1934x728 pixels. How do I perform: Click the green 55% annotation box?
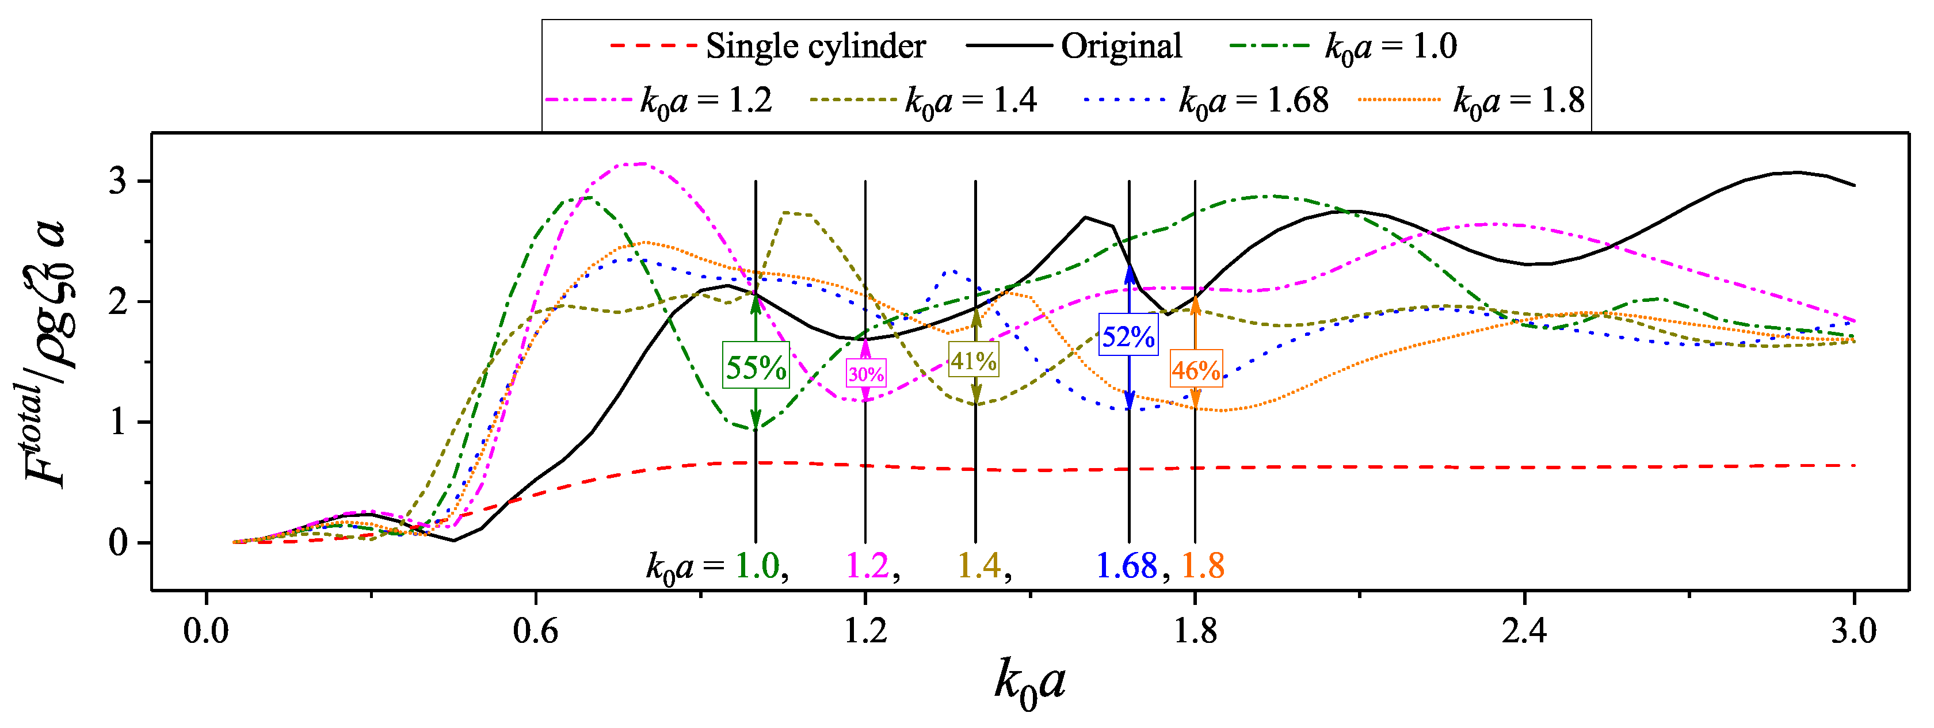756,366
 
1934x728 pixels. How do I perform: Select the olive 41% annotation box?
974,361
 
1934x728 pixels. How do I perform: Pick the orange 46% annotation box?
1196,369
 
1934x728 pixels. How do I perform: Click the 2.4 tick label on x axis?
1524,630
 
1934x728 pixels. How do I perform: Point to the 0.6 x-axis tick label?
535,630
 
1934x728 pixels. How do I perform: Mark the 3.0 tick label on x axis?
1853,630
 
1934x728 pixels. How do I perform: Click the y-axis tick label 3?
118,182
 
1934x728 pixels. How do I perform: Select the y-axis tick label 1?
118,423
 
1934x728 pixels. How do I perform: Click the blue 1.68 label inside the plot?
1126,566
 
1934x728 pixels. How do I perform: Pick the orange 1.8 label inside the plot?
1203,566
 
